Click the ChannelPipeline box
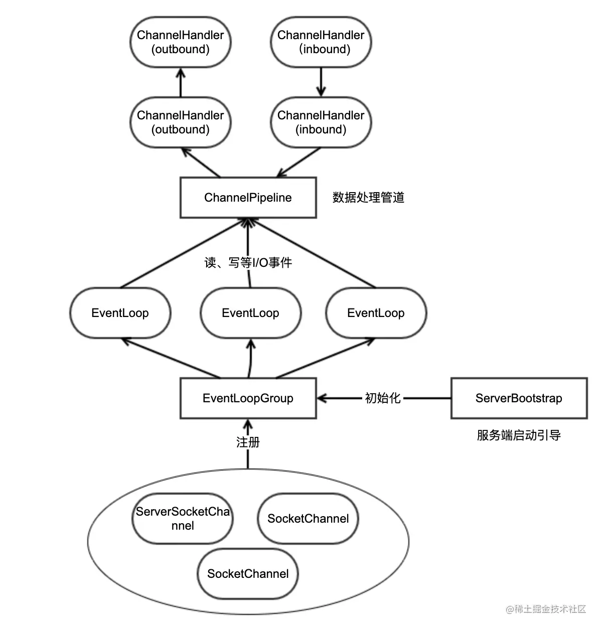coord(248,198)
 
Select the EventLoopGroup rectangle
coord(248,398)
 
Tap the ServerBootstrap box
coord(519,398)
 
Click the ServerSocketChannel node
coord(183,519)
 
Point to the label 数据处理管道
coord(368,198)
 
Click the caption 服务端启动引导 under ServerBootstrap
coord(519,435)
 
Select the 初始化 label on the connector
coord(382,398)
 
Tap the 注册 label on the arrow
coord(248,442)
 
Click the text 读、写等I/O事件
coord(248,262)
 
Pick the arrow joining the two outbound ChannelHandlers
coord(181,83)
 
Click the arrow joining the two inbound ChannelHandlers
coord(321,83)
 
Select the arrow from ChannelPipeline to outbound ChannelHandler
coord(201,162)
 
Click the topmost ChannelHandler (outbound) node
coord(181,42)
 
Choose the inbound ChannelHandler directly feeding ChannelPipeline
coord(321,122)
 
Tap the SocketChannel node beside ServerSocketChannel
coord(308,519)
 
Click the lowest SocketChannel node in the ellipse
coord(248,574)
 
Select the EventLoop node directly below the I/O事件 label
coord(250,313)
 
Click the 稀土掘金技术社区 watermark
coord(546,609)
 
